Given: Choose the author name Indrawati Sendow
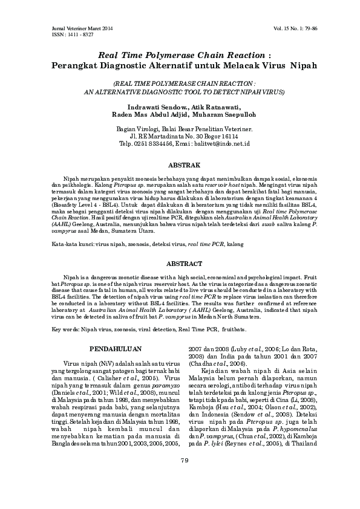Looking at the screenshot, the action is click(156, 106).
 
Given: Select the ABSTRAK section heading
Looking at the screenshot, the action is click(180, 164).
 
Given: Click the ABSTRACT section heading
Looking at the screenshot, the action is click(180, 264).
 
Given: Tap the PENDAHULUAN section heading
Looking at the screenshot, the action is click(115, 349).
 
